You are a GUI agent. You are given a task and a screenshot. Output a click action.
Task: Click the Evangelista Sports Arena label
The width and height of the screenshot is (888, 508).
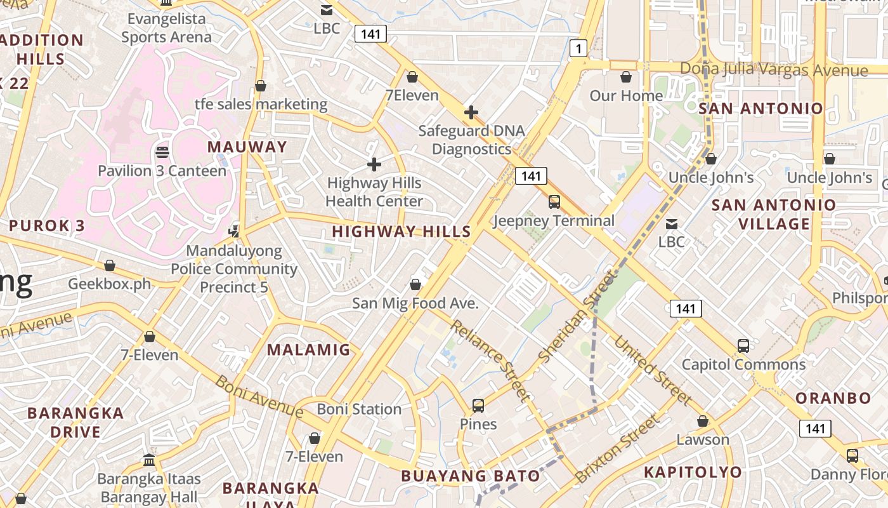166,28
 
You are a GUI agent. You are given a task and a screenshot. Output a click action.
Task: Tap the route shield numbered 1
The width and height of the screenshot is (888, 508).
578,48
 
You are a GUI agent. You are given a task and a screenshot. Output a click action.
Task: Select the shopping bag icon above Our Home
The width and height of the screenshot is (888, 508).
626,77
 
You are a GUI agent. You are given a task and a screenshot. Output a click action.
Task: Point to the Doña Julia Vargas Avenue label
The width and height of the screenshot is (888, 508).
773,69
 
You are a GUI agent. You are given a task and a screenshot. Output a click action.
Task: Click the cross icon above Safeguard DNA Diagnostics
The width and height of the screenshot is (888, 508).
471,113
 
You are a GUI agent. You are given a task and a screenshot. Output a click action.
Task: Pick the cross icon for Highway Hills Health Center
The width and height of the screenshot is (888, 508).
374,164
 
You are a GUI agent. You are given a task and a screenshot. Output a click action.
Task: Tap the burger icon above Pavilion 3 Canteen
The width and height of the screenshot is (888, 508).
162,152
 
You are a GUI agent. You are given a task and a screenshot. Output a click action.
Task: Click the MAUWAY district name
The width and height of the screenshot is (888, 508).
247,147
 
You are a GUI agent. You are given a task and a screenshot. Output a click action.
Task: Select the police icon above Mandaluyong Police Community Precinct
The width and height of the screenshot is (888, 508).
235,231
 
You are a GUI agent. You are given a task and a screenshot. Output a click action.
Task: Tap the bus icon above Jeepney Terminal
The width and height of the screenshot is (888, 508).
554,202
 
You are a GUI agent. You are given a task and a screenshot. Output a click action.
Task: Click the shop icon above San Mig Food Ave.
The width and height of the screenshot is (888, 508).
415,284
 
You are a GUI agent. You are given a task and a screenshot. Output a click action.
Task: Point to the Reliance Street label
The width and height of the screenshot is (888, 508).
490,361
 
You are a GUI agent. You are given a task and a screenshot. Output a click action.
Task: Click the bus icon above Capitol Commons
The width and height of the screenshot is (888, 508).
743,346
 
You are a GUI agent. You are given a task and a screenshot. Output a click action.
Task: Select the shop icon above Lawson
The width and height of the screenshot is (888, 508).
702,421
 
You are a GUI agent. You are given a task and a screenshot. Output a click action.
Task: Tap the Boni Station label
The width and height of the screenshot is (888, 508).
359,409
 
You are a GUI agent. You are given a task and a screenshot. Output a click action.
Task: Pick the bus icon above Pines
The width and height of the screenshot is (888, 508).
478,405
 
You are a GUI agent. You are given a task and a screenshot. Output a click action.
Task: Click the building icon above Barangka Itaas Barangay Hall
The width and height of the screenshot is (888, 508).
149,460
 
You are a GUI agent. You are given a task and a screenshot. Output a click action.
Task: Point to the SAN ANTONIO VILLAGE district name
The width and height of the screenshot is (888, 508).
773,214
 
